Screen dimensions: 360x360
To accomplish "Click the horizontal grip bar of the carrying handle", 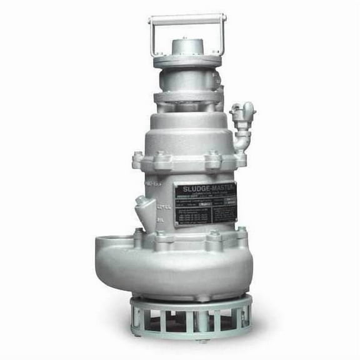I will (x=187, y=19).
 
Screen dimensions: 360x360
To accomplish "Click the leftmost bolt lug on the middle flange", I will (x=137, y=161).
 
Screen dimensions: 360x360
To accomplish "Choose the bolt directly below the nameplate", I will (x=216, y=236).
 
